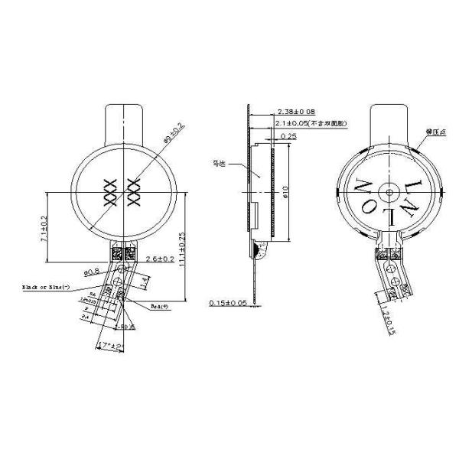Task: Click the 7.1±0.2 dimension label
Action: pos(44,229)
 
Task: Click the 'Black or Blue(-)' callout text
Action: pos(45,288)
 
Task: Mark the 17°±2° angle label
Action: pos(110,346)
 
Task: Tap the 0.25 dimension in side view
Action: pos(288,135)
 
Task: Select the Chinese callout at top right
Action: pos(435,132)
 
